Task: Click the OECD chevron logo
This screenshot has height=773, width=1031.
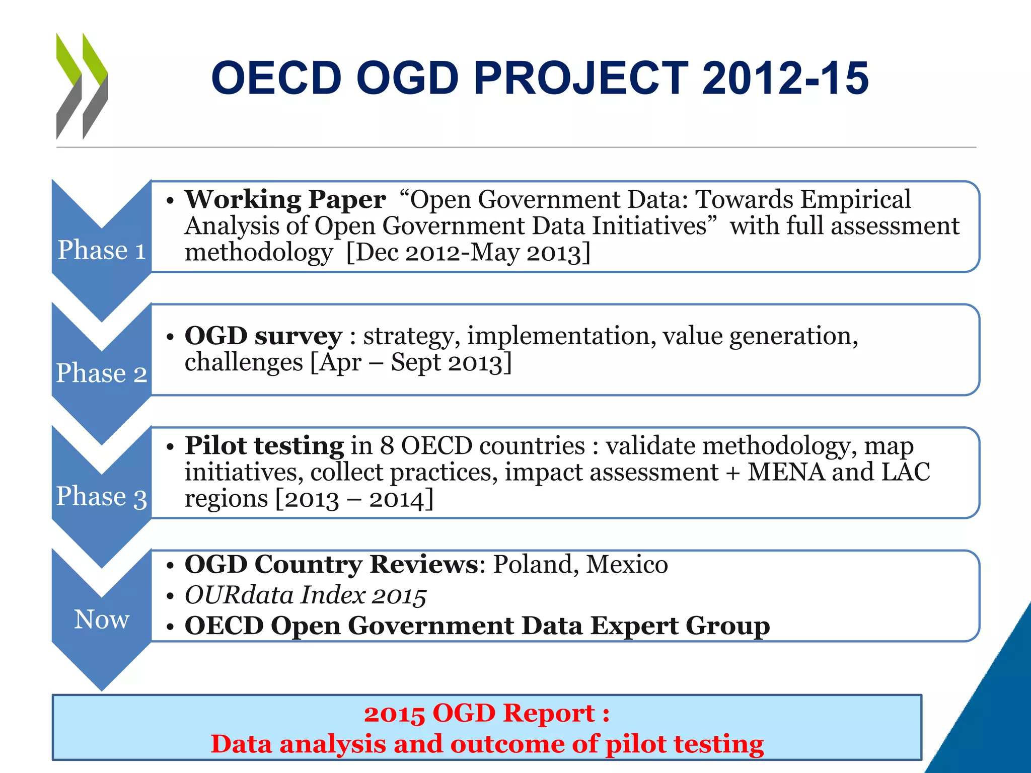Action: pos(82,86)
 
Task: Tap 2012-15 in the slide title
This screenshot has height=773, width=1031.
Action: pos(785,78)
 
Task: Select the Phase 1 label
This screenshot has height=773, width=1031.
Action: pos(102,250)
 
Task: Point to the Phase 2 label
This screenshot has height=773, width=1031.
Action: pos(102,373)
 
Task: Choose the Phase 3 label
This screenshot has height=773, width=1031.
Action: pos(102,496)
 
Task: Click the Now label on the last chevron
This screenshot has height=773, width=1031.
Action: pos(102,619)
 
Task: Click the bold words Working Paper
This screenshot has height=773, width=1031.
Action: pos(285,199)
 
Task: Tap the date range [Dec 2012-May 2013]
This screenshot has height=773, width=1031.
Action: pos(468,252)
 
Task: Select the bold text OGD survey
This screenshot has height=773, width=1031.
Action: pos(263,336)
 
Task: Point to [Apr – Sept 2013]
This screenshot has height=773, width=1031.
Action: pos(411,362)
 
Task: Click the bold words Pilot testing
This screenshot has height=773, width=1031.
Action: pos(264,445)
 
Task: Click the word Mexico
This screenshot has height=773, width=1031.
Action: pos(627,564)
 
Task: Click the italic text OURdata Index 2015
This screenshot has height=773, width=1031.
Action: pos(306,595)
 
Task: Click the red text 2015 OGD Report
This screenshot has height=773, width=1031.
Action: pos(486,713)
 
